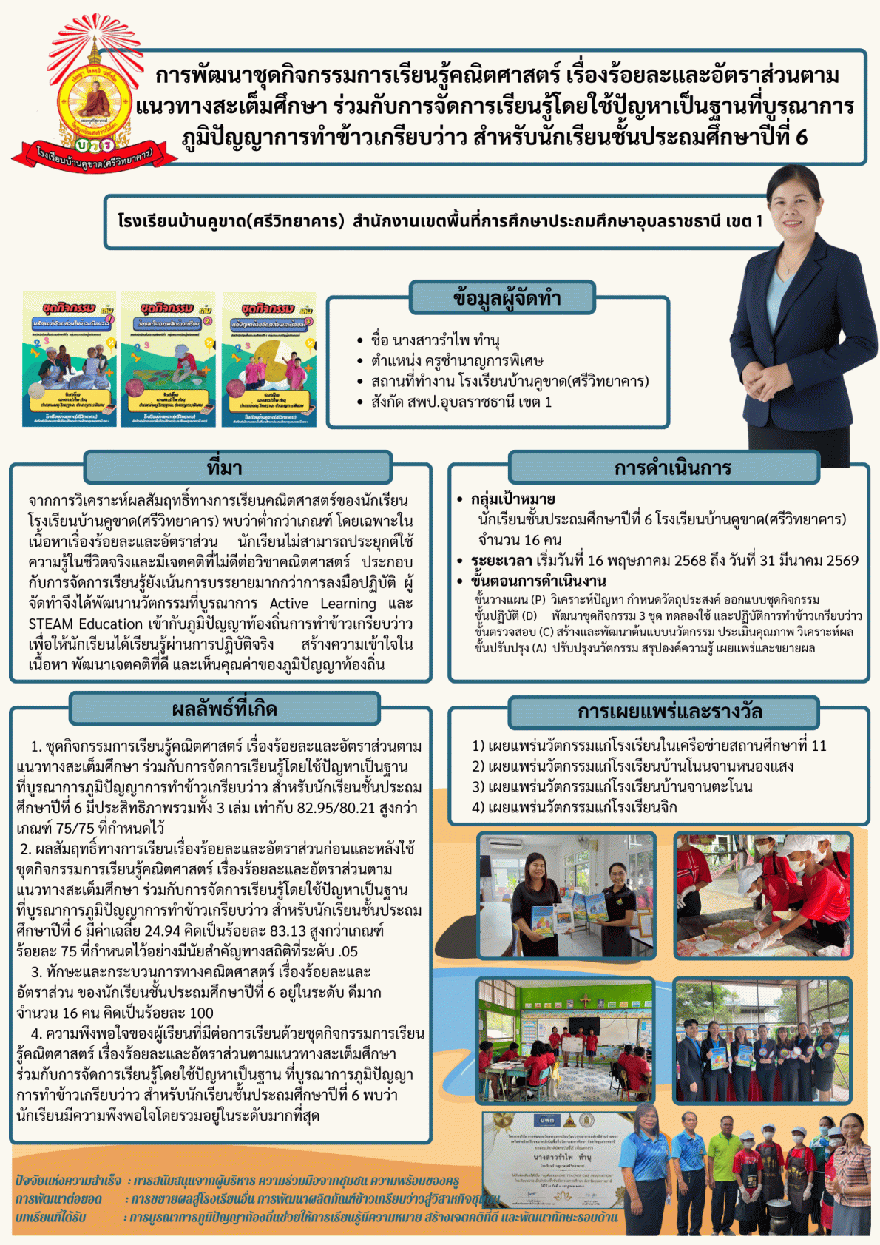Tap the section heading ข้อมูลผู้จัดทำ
click(502, 298)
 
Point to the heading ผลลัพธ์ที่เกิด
click(225, 709)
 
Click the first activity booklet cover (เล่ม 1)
click(70, 359)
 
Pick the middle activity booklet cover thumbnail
click(169, 359)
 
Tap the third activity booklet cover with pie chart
click(269, 359)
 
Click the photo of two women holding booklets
click(566, 896)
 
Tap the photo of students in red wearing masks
click(763, 896)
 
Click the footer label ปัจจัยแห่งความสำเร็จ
click(68, 1180)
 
